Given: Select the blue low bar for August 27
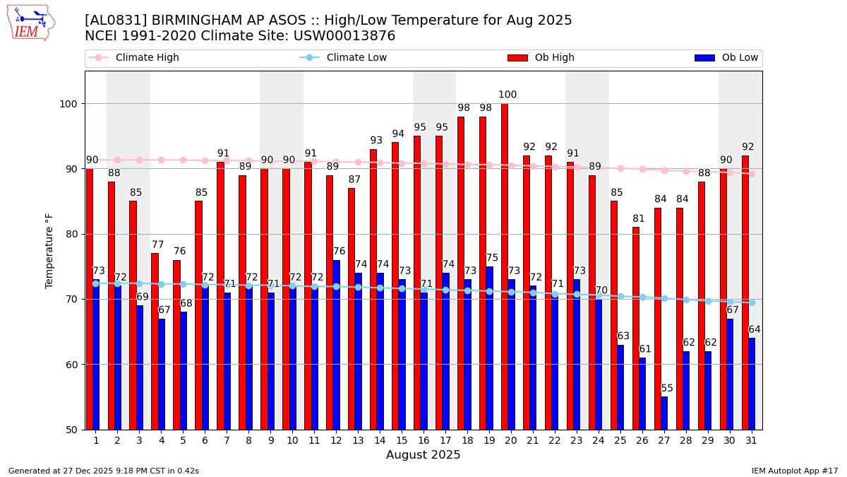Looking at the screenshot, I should [x=664, y=413].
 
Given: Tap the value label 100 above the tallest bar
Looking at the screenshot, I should [x=507, y=95].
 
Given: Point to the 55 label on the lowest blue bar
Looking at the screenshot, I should [x=667, y=388].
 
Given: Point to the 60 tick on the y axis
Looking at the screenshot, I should [x=73, y=365].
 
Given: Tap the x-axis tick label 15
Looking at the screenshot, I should [x=402, y=440].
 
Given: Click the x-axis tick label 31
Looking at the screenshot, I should [x=751, y=440].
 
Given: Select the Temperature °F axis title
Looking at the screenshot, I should [x=49, y=250].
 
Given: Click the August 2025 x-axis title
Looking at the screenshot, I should [x=423, y=456].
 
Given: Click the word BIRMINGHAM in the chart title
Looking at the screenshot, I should [x=205, y=20].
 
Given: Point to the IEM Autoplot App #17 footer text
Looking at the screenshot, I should [x=794, y=471].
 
